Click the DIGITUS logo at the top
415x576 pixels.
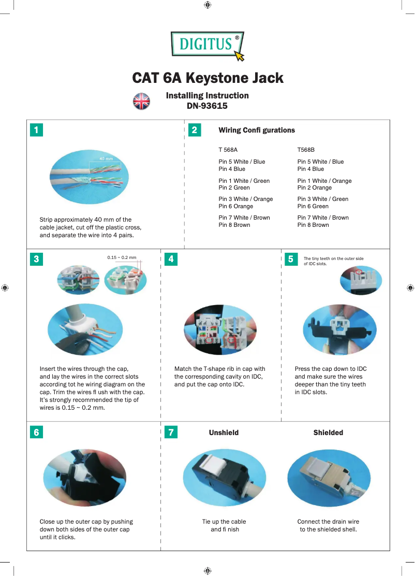pyautogui.click(x=207, y=45)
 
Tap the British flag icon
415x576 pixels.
pyautogui.click(x=141, y=101)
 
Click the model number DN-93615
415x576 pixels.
pyautogui.click(x=207, y=106)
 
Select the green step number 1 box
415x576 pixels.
pyautogui.click(x=36, y=130)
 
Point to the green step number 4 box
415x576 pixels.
pyautogui.click(x=171, y=260)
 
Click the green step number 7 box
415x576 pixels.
pyautogui.click(x=171, y=433)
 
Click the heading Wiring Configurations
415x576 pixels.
pyautogui.click(x=257, y=130)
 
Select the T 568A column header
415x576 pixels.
pyautogui.click(x=228, y=150)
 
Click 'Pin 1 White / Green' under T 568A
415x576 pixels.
pyautogui.click(x=244, y=181)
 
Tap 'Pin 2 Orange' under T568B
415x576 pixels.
pyautogui.click(x=314, y=188)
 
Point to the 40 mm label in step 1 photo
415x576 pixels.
pyautogui.click(x=106, y=159)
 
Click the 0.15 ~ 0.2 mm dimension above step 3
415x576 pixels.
pyautogui.click(x=122, y=257)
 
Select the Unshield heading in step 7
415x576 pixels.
pyautogui.click(x=224, y=433)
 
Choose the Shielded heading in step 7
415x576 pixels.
pyautogui.click(x=328, y=433)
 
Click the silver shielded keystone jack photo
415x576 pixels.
pyautogui.click(x=328, y=477)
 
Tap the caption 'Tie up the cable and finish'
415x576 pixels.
pyautogui.click(x=224, y=525)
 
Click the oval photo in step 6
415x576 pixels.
pyautogui.click(x=85, y=477)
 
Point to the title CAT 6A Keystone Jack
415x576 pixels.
pyautogui.click(x=207, y=78)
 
